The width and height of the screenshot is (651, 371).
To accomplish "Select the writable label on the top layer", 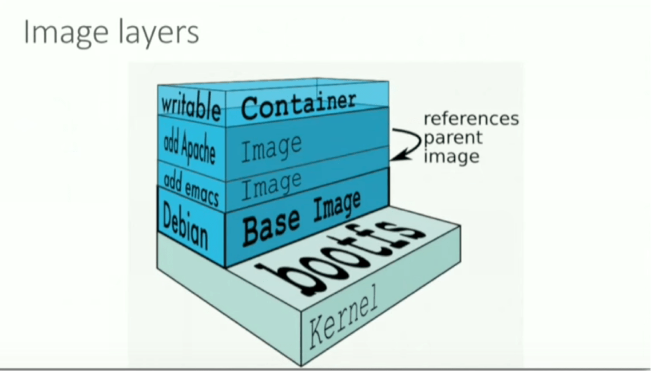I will click(190, 107).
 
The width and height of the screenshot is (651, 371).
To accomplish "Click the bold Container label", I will click(298, 105).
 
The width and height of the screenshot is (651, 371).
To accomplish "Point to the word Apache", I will click(199, 148).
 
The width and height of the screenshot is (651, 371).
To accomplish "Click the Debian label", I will click(185, 227).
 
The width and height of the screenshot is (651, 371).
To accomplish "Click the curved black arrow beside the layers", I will click(407, 143).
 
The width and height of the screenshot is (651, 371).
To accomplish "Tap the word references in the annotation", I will click(471, 119).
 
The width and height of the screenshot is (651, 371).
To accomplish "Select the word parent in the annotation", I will click(452, 138).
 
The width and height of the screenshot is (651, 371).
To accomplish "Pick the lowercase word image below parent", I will click(451, 157).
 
